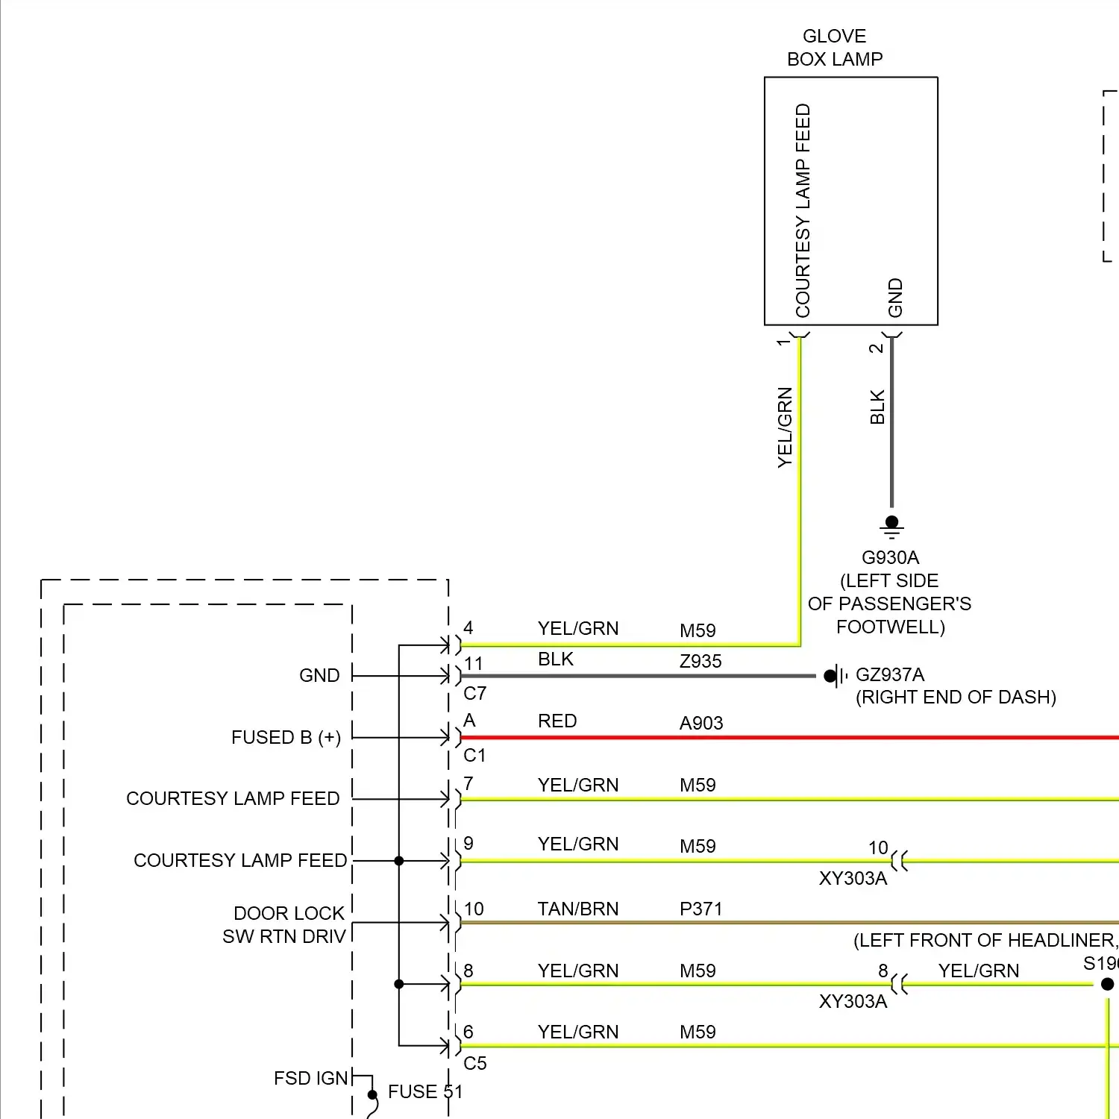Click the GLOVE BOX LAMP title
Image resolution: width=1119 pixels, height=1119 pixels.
pos(835,48)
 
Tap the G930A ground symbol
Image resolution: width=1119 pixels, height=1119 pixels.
pos(891,527)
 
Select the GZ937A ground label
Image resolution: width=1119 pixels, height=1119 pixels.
pos(889,674)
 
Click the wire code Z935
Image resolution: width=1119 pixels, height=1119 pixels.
pos(700,661)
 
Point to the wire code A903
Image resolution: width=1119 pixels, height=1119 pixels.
pos(701,723)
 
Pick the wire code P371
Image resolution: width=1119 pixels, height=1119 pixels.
pos(700,909)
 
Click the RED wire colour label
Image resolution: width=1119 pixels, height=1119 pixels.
pos(557,721)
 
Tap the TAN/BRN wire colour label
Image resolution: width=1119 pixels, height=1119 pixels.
pos(578,909)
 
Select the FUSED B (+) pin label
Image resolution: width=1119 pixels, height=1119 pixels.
pos(286,737)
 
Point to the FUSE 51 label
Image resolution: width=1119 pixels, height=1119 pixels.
pos(425,1091)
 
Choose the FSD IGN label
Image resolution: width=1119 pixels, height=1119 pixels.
pos(310,1078)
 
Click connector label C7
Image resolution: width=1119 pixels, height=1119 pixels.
pos(474,693)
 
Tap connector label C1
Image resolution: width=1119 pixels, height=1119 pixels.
pos(474,755)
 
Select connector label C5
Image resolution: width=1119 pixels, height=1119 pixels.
pos(474,1063)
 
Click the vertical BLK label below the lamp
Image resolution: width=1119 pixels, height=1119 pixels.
pos(877,407)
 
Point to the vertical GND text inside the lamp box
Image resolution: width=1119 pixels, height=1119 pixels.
pos(895,297)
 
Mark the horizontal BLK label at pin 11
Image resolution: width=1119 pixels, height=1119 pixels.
pos(556,659)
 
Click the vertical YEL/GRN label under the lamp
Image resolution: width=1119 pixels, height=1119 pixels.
pos(785,427)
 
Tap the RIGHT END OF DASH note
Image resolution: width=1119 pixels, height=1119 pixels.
pos(956,697)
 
